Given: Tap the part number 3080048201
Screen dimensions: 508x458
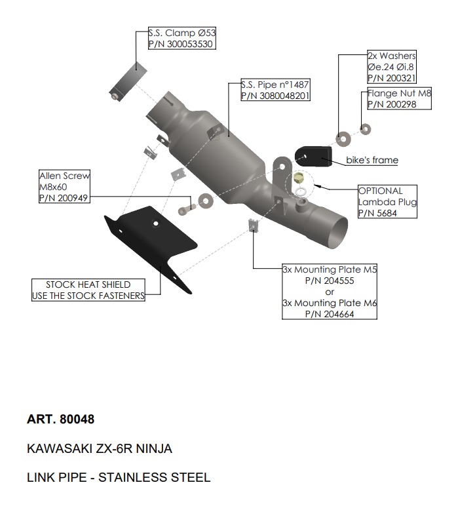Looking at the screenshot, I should point(275,96).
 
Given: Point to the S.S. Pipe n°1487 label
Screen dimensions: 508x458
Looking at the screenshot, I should point(275,85).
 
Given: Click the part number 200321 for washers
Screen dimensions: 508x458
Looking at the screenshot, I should point(391,78).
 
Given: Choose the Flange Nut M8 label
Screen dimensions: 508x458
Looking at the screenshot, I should point(399,93).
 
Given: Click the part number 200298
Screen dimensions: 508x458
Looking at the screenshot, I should point(392,104).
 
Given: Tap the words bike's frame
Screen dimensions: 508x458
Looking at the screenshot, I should point(372,160).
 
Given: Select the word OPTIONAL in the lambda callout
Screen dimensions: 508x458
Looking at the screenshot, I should point(380,191).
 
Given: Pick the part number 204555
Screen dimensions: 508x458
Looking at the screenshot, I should point(329,281).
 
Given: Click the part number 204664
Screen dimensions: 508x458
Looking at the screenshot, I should point(329,314).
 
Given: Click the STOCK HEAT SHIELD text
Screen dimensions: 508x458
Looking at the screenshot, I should point(88,284).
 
